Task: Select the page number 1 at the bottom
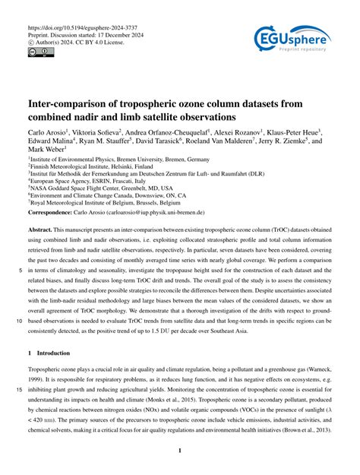180,451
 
